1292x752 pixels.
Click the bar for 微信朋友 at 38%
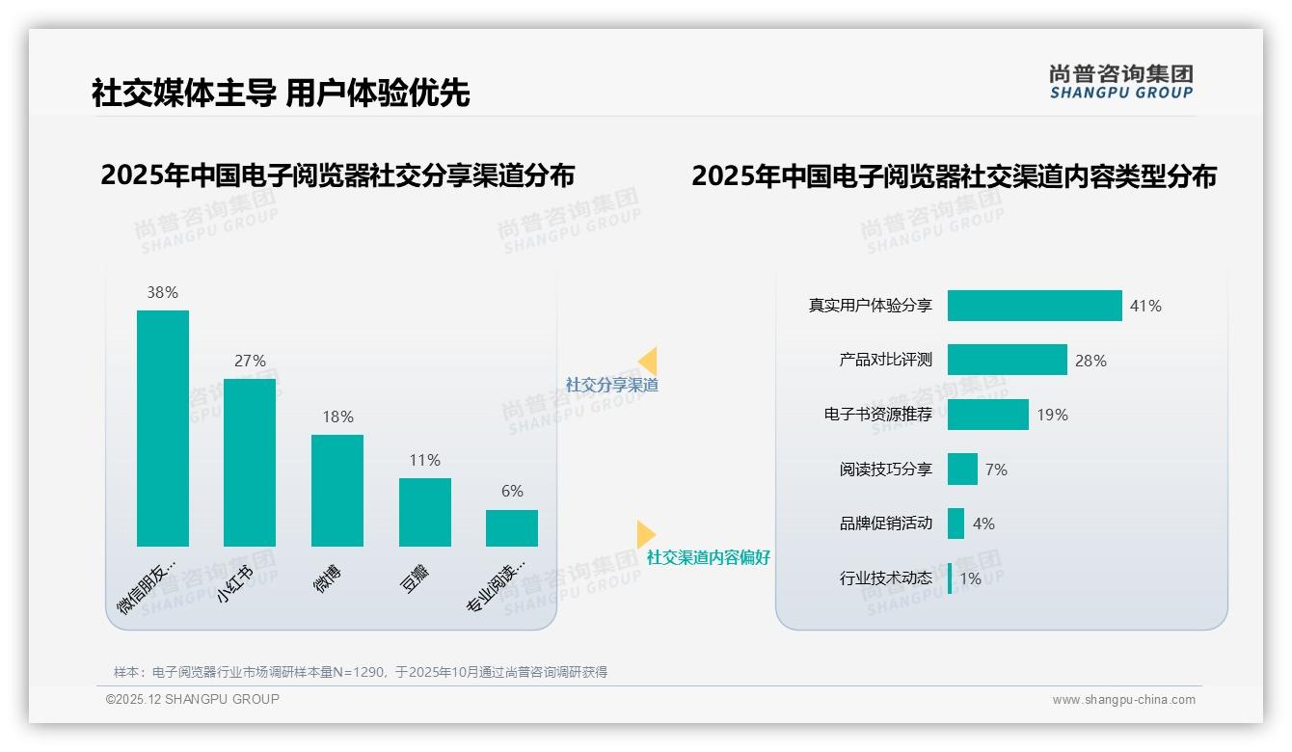163,428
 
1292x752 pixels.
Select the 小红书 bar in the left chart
250,463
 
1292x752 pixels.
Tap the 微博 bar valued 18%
337,491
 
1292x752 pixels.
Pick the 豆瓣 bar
425,512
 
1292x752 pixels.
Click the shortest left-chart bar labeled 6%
512,528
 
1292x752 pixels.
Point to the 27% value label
250,361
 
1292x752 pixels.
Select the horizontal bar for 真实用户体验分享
1035,306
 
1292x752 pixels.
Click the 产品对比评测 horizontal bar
1007,360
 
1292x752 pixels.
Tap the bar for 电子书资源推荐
987,415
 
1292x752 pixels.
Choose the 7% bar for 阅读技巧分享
962,470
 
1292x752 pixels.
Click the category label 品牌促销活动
886,524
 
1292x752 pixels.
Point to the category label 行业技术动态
886,578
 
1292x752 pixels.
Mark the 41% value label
1145,306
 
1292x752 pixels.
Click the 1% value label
970,579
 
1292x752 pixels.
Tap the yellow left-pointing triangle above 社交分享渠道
648,362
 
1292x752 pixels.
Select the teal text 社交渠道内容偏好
709,557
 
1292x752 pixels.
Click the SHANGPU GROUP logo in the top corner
1121,82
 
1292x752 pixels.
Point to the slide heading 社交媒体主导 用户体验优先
281,94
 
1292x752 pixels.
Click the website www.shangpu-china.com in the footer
1123,700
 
